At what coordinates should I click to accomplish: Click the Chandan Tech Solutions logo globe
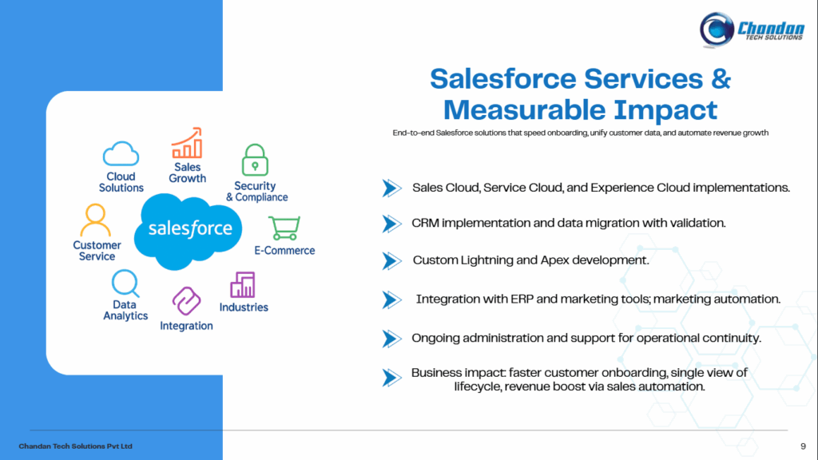tap(717, 30)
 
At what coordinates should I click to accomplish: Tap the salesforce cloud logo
tap(189, 231)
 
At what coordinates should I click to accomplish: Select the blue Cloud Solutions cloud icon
tap(121, 153)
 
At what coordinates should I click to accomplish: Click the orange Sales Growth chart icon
tap(187, 142)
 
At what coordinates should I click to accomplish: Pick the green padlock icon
tap(255, 160)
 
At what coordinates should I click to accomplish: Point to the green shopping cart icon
tap(284, 228)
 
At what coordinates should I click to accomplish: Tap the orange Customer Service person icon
tap(96, 220)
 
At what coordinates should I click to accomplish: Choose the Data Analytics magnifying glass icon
tap(125, 284)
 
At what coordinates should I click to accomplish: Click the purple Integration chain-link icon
tap(186, 301)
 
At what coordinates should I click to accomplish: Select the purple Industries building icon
tap(243, 285)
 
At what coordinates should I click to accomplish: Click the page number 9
tap(803, 446)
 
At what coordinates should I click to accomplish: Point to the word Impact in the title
tap(665, 110)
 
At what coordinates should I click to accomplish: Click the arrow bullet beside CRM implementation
tap(391, 224)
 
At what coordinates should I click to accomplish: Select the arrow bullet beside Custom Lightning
tap(391, 261)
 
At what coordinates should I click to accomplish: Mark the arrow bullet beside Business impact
tap(391, 378)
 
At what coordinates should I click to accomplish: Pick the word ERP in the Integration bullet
tap(522, 299)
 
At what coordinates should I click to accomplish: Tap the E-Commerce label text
tap(285, 250)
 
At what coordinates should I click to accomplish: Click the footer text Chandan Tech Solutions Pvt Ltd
tap(76, 446)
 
